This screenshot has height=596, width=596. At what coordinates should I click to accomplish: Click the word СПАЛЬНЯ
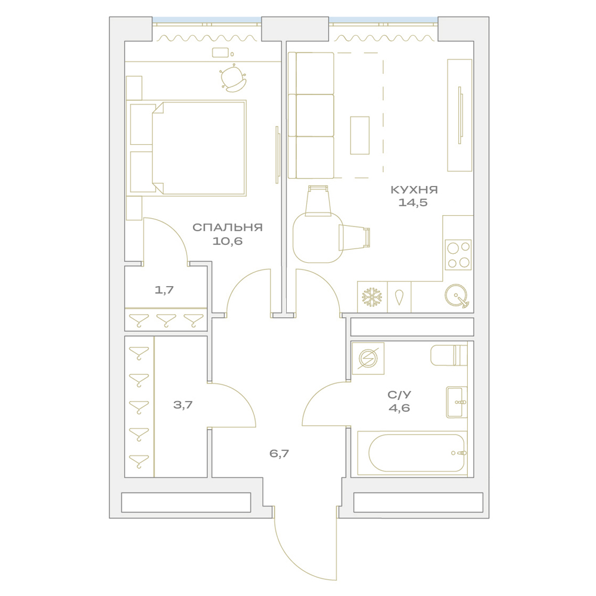[227, 227]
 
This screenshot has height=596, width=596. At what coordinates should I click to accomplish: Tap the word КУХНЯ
[414, 190]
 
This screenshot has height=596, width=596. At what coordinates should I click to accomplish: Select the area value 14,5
[413, 203]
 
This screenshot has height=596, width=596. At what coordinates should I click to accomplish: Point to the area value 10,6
[227, 241]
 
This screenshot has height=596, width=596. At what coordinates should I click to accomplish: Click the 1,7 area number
[164, 290]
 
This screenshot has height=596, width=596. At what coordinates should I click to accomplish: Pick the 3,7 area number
[183, 405]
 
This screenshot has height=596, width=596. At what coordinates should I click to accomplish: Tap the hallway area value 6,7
[279, 454]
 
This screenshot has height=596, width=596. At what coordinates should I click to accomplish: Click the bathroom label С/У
[399, 395]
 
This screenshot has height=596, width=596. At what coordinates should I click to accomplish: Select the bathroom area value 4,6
[399, 408]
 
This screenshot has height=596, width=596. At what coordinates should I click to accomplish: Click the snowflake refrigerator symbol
[372, 297]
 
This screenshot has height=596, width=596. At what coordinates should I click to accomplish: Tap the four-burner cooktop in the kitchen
[458, 254]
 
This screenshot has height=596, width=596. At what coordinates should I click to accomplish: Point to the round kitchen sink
[457, 296]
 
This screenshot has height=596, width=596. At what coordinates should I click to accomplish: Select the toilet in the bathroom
[449, 355]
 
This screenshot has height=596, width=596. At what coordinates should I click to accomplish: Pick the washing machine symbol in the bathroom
[368, 358]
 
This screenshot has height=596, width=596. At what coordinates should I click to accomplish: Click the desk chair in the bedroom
[232, 79]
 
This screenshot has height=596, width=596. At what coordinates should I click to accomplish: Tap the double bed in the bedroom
[186, 148]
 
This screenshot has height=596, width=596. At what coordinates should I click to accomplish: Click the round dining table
[318, 238]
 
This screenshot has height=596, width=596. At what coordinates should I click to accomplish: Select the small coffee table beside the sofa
[359, 135]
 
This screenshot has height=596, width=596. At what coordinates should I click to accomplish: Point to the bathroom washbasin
[457, 402]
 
